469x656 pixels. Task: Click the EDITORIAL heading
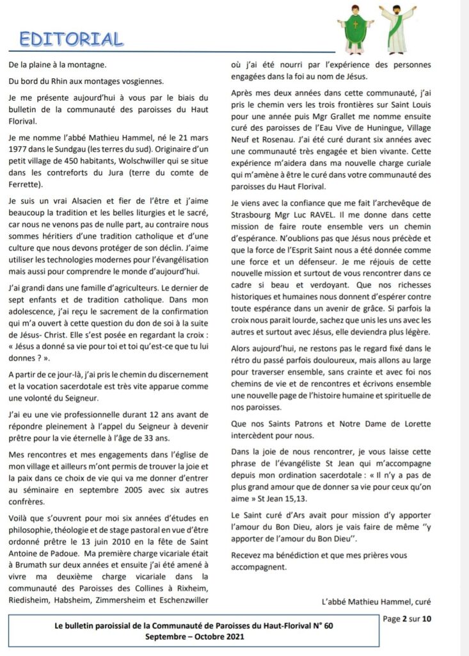pyautogui.click(x=71, y=38)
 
